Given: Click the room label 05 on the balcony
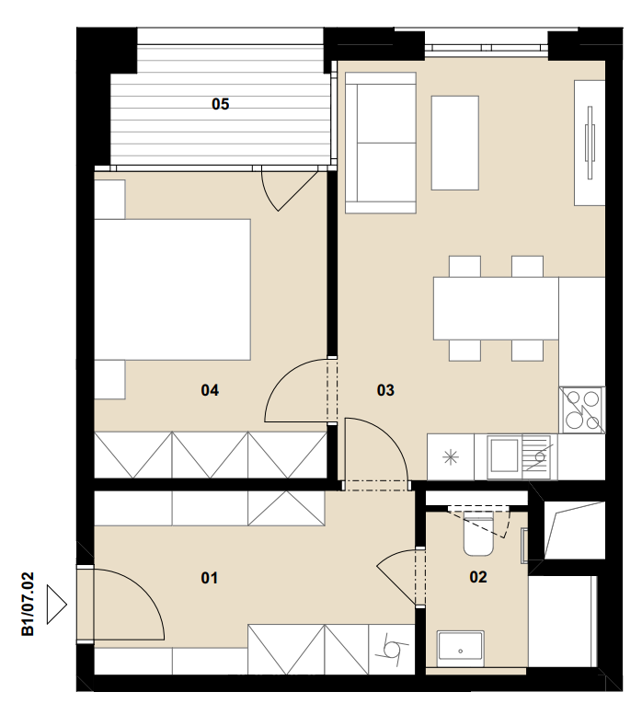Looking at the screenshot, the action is pyautogui.click(x=220, y=104).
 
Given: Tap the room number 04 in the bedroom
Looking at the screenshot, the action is pyautogui.click(x=210, y=390).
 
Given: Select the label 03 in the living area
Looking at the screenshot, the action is pyautogui.click(x=385, y=390).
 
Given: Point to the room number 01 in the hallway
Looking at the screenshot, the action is pyautogui.click(x=209, y=578).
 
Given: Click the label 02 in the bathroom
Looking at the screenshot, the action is pyautogui.click(x=478, y=577).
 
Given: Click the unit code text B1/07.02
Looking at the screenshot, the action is pyautogui.click(x=28, y=605).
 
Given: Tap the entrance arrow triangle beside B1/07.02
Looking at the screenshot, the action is pyautogui.click(x=56, y=605).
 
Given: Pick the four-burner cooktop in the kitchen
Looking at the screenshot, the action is pyautogui.click(x=582, y=409).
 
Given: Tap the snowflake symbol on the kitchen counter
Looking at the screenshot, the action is pyautogui.click(x=451, y=457).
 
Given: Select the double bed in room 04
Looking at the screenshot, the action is pyautogui.click(x=172, y=290).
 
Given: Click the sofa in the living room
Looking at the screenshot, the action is pyautogui.click(x=381, y=143).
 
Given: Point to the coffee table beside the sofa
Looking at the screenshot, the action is pyautogui.click(x=454, y=143).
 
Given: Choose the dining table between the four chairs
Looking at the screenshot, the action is pyautogui.click(x=496, y=308).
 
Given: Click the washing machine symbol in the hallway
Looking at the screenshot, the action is pyautogui.click(x=392, y=649).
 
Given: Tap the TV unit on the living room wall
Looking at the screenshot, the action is pyautogui.click(x=590, y=143).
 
